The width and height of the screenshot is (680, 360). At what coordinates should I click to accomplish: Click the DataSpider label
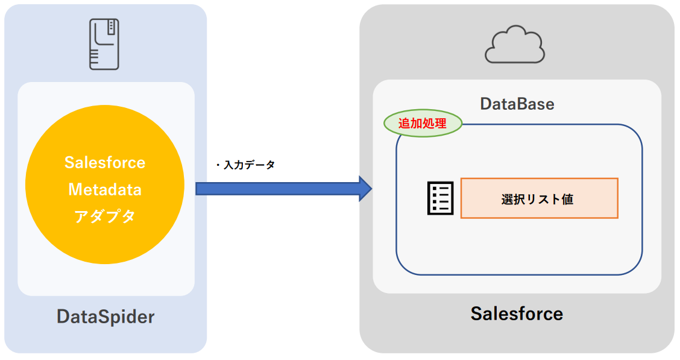[105, 317]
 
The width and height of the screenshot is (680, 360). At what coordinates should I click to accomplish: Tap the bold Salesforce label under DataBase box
[517, 314]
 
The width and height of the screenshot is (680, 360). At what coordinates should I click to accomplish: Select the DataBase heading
[517, 104]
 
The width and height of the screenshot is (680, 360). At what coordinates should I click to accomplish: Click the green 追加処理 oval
[423, 124]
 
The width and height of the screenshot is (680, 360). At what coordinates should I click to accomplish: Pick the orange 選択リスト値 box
[539, 198]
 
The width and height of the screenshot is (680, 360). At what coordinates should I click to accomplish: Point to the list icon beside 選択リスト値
[440, 198]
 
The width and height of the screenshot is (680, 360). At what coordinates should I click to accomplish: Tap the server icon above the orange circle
[103, 43]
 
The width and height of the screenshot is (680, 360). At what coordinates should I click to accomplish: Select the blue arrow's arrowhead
[365, 189]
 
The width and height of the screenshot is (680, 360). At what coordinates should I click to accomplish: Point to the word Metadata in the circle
[105, 189]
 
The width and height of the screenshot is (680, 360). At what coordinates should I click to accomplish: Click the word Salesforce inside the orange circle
[105, 163]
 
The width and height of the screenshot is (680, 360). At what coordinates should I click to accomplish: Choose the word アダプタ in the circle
[105, 216]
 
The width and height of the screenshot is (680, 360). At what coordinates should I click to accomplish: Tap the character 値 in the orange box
[567, 199]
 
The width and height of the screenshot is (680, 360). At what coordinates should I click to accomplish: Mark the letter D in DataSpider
[63, 317]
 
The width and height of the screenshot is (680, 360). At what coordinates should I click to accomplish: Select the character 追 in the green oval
[405, 124]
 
